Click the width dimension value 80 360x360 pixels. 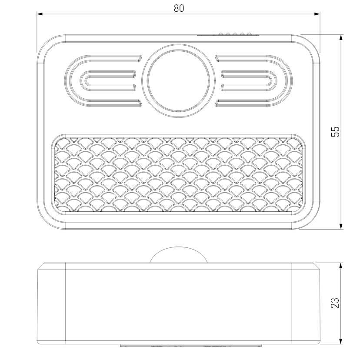pyautogui.click(x=179, y=8)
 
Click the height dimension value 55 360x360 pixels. pyautogui.click(x=335, y=132)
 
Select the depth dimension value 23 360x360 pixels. pyautogui.click(x=335, y=303)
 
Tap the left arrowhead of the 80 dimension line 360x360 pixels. pyautogui.click(x=40, y=14)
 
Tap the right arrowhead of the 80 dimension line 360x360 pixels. pyautogui.click(x=317, y=14)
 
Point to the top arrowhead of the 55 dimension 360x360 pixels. pyautogui.click(x=341, y=37)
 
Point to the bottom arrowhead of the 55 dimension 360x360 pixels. pyautogui.click(x=341, y=226)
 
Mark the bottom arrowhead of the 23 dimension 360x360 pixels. pyautogui.click(x=341, y=341)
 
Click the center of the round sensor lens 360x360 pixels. pyautogui.click(x=178, y=80)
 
